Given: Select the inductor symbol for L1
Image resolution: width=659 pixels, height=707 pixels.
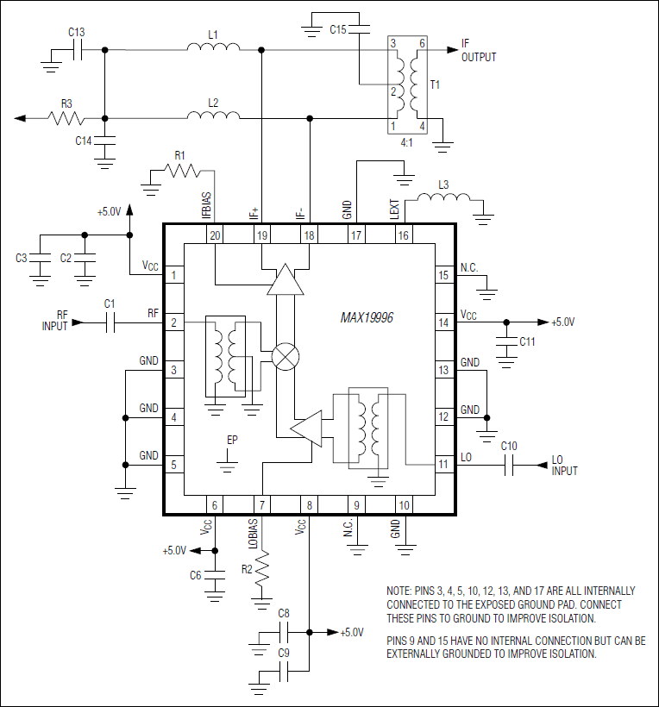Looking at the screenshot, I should tap(213, 47).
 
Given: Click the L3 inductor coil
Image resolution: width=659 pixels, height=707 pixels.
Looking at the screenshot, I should tap(443, 199).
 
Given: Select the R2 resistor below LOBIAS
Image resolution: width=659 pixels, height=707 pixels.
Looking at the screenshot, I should tap(260, 570).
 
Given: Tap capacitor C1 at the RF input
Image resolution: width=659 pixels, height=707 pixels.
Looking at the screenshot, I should tap(110, 322).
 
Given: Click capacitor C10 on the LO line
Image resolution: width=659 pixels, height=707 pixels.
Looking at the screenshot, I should tap(509, 466).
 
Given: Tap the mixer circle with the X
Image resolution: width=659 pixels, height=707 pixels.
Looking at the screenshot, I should tap(285, 355).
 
